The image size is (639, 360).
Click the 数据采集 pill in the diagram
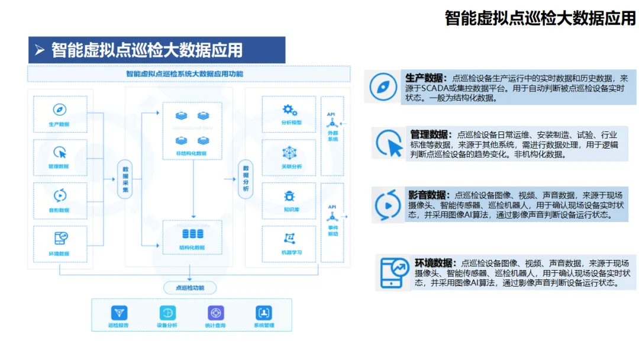point(124,178)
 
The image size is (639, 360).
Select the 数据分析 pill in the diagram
point(245,178)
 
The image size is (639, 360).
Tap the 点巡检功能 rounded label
point(190,288)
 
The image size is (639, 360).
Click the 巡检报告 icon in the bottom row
point(119,313)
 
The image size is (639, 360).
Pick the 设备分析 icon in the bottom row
point(167,313)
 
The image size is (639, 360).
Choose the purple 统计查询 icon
point(215,313)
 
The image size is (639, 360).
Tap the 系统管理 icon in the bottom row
point(264,313)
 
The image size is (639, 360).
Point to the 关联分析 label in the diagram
point(291,166)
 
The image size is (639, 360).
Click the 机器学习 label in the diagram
point(291,252)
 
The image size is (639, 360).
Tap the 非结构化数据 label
point(191,153)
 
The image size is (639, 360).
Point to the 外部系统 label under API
point(333,136)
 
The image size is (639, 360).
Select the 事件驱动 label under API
point(333,231)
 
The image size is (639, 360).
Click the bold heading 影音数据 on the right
point(426,195)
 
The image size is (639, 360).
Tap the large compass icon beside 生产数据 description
point(383,87)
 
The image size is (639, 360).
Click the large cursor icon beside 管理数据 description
point(389,143)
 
